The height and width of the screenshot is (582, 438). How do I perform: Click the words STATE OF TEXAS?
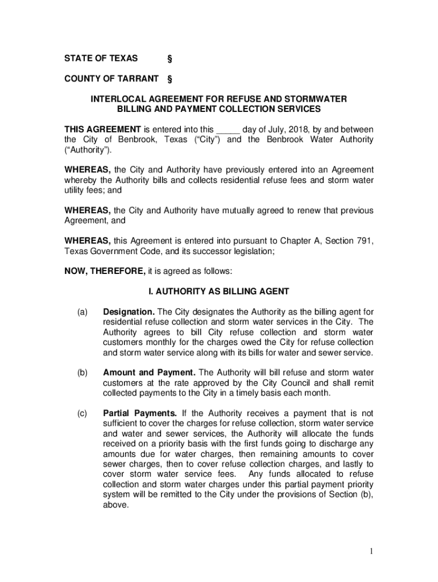[x=100, y=58]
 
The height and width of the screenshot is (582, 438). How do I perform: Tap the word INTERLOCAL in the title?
[x=116, y=99]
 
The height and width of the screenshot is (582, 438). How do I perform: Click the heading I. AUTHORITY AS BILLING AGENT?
[x=219, y=292]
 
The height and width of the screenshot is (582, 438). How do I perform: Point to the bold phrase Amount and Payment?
[x=149, y=373]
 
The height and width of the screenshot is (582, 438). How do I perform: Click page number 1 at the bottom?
[x=370, y=551]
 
